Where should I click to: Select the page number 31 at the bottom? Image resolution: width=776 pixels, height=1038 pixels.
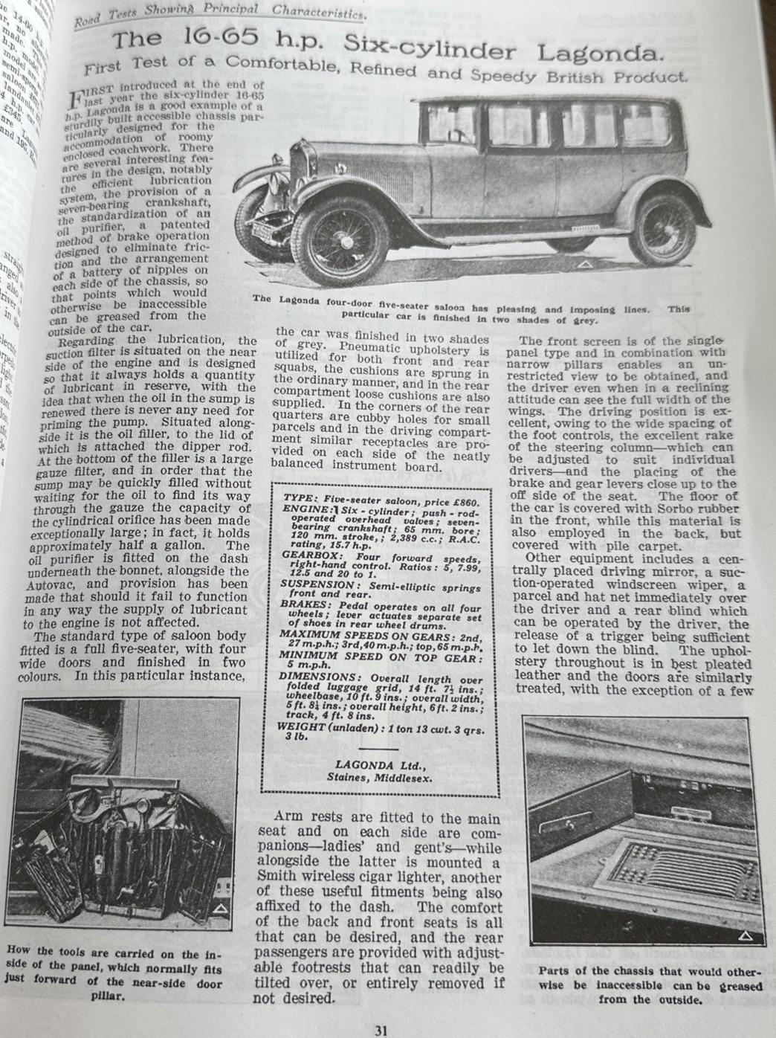(x=381, y=1030)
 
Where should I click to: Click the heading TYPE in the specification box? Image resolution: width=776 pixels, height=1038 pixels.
(x=300, y=496)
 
